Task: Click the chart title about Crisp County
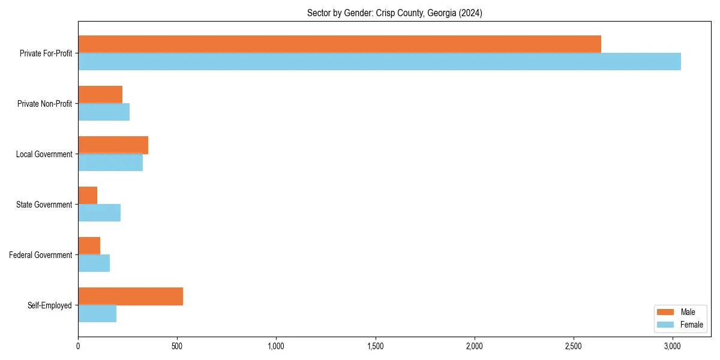[x=394, y=13]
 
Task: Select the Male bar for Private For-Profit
[x=340, y=44]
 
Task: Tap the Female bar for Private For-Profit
[x=379, y=61]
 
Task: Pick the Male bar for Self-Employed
[x=130, y=296]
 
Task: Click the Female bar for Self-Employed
[x=97, y=314]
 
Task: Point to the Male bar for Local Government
[x=113, y=145]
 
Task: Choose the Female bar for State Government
[x=99, y=213]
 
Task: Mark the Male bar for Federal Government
[x=89, y=246]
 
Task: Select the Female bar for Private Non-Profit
[x=104, y=112]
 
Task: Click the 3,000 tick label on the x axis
[x=673, y=346]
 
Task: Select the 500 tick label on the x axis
[x=177, y=346]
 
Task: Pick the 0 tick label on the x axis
[x=78, y=346]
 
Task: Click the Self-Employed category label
[x=50, y=305]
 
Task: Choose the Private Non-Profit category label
[x=44, y=104]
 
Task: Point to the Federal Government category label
[x=41, y=255]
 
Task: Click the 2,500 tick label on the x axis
[x=574, y=346]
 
